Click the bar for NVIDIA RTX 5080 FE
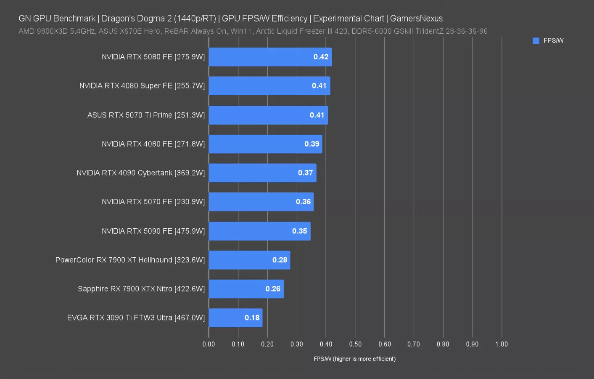[270, 57]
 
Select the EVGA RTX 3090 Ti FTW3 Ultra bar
[235, 318]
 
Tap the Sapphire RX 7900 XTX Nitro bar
[246, 289]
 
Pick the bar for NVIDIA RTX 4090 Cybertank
[262, 173]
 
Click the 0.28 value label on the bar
[280, 260]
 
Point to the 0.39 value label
[312, 144]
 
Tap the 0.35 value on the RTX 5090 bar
[300, 231]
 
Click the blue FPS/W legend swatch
[536, 40]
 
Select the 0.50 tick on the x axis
[355, 344]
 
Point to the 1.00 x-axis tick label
[502, 344]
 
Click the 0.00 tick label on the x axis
[209, 344]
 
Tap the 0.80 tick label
[443, 344]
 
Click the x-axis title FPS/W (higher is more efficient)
[355, 359]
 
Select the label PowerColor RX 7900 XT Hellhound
[114, 260]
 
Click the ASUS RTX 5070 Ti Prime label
[130, 115]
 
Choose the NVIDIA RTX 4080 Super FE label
[126, 86]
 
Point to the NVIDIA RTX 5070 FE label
[137, 202]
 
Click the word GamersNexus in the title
[416, 19]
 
